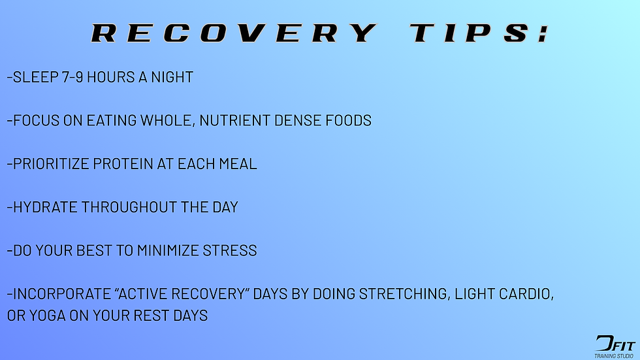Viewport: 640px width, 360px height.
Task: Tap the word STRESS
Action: tap(234, 251)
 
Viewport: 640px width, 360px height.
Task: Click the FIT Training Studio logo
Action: tap(615, 346)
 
